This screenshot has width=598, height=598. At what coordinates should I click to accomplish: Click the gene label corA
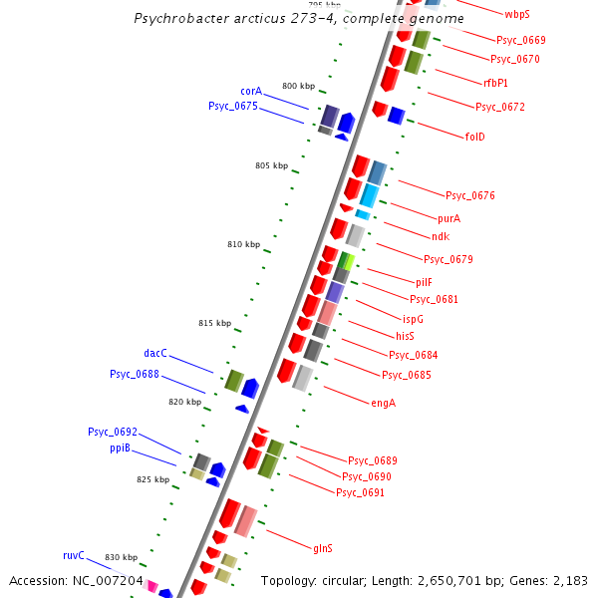click(251, 91)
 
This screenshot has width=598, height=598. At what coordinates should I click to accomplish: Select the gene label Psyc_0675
click(232, 106)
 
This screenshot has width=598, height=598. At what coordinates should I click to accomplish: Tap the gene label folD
click(474, 137)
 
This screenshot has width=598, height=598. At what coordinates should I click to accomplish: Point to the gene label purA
click(449, 218)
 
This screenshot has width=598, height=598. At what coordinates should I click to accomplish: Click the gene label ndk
click(441, 236)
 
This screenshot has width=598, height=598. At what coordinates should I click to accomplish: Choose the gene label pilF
click(425, 282)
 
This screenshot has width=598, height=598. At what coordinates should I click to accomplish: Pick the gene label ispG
click(413, 319)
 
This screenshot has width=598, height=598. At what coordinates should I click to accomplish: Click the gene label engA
click(383, 403)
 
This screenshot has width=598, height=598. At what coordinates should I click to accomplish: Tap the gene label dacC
click(155, 353)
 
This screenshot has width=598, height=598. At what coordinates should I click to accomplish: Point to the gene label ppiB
click(121, 448)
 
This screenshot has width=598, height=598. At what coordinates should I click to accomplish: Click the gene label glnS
click(323, 547)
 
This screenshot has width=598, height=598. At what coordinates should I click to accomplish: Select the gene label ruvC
click(74, 555)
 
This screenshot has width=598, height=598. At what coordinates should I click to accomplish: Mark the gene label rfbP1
click(495, 83)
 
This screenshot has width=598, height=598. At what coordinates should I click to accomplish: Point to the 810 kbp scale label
click(243, 244)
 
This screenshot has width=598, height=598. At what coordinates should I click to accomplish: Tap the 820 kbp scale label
click(184, 402)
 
